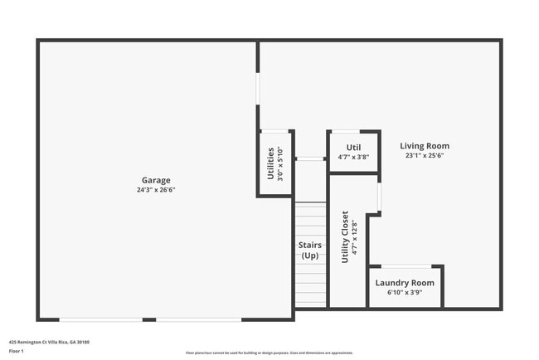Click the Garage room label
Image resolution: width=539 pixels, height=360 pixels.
(x=156, y=180)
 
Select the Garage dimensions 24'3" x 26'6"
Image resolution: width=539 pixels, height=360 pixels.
(x=156, y=190)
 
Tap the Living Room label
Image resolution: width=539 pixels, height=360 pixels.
(x=425, y=146)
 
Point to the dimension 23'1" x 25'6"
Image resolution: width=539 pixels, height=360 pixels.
(x=425, y=156)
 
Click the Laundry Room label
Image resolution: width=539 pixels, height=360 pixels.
(x=405, y=283)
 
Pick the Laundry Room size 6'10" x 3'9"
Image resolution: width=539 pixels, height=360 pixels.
(x=405, y=293)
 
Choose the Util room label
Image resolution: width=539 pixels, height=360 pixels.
(x=353, y=147)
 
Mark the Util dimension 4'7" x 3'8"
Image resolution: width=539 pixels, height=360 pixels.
(x=353, y=157)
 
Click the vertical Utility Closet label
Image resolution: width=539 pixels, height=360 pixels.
(x=346, y=237)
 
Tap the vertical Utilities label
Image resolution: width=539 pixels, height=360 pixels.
(x=271, y=164)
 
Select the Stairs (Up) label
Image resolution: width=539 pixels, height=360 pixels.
(x=309, y=251)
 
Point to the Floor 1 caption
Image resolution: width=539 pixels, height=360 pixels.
(x=17, y=351)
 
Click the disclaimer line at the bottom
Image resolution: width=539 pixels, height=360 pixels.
(x=269, y=352)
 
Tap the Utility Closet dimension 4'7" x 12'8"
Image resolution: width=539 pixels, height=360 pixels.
(x=355, y=237)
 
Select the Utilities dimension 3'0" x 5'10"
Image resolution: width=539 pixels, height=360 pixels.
(x=280, y=164)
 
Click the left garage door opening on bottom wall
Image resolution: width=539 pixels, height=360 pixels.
(x=100, y=319)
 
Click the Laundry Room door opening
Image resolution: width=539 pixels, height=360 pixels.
(x=406, y=266)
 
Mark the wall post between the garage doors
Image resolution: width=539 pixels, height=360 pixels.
(x=149, y=319)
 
